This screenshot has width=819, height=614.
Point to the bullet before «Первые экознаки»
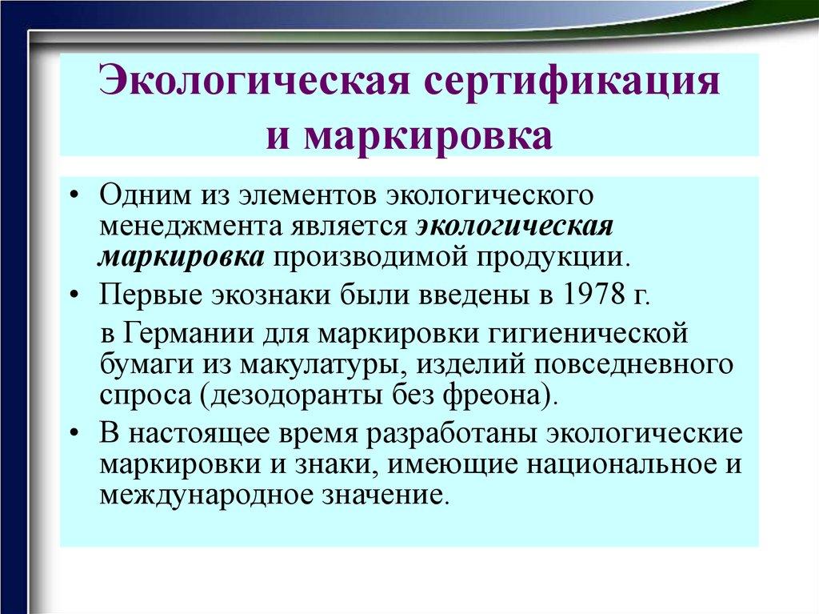point(74,295)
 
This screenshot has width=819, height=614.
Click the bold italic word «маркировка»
point(182,257)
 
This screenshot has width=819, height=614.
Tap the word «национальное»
point(617,464)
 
